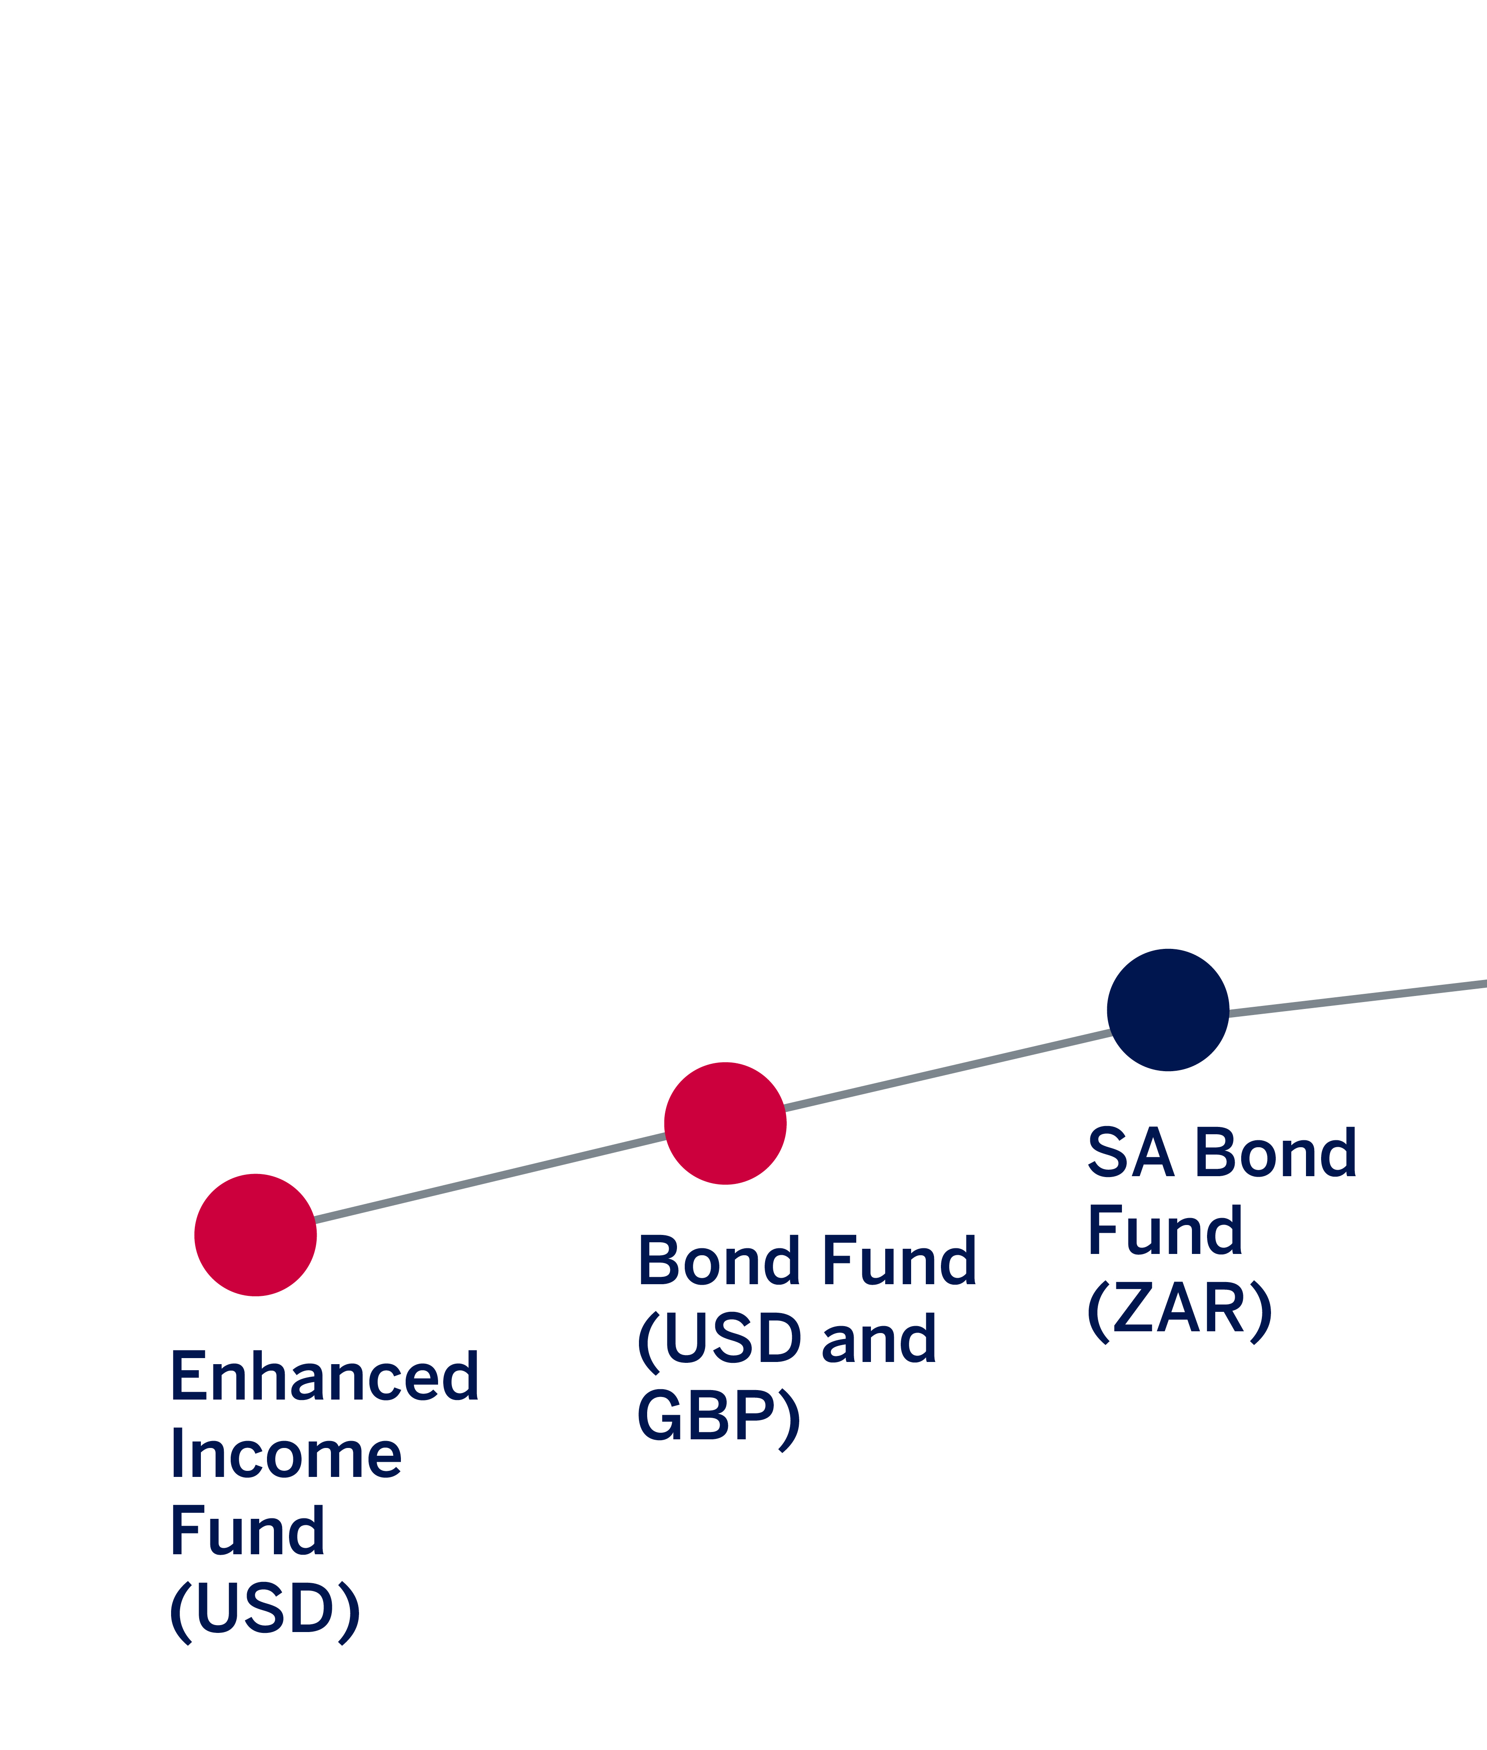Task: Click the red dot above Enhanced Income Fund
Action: tap(255, 1235)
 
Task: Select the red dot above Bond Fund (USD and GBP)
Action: tap(725, 1124)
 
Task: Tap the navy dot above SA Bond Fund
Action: tap(1167, 1010)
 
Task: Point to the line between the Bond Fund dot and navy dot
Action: tap(947, 1069)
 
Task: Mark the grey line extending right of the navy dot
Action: tap(1357, 998)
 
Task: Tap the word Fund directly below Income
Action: tap(247, 1530)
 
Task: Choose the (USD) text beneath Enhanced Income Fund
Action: tap(265, 1610)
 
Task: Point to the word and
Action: tap(878, 1339)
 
